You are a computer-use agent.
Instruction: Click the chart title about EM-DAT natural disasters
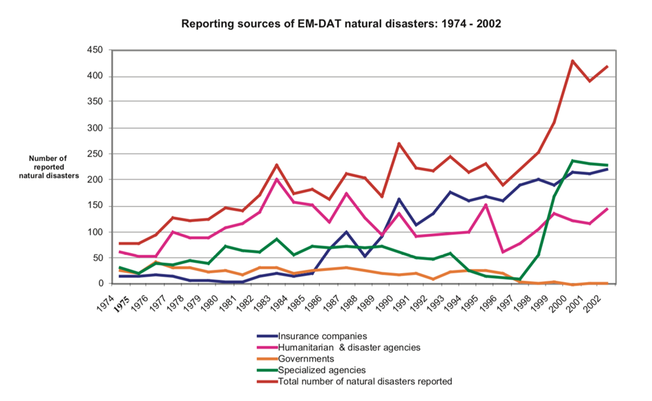point(341,24)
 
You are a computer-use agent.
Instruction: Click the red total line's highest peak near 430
point(573,61)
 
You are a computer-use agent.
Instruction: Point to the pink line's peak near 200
point(276,179)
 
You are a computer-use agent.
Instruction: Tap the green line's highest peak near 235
point(573,161)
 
